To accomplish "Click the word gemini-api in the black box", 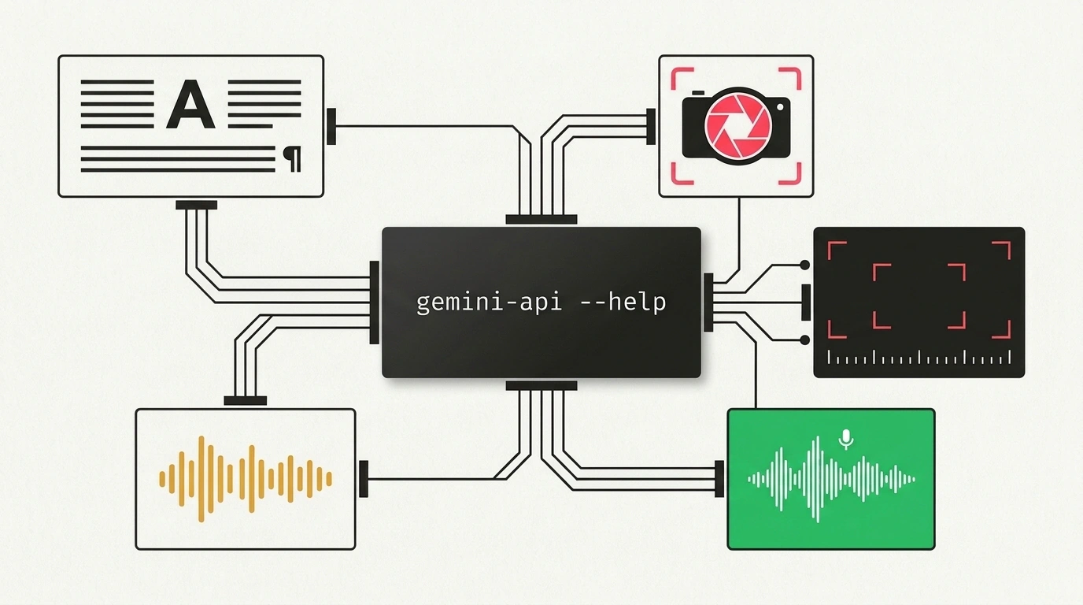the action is pyautogui.click(x=489, y=303).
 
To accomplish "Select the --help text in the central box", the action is pyautogui.click(x=623, y=302).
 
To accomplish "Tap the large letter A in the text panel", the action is pyautogui.click(x=190, y=104).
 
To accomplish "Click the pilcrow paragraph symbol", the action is pyautogui.click(x=292, y=159).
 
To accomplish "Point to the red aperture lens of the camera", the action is pyautogui.click(x=737, y=126).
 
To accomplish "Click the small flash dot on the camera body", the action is pyautogui.click(x=780, y=107).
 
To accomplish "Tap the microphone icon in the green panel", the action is pyautogui.click(x=845, y=440).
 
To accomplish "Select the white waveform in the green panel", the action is pyautogui.click(x=831, y=479).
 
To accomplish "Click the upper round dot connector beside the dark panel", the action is pyautogui.click(x=804, y=265).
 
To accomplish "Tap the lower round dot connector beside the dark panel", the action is pyautogui.click(x=804, y=340).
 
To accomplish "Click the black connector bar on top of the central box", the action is pyautogui.click(x=541, y=220).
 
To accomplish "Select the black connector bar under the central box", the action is pyautogui.click(x=541, y=386).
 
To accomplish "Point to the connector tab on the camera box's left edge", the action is pyautogui.click(x=651, y=127).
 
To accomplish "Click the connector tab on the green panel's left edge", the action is pyautogui.click(x=719, y=479).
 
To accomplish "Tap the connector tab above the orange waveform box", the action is pyautogui.click(x=245, y=401).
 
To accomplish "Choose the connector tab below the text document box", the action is pyautogui.click(x=196, y=206).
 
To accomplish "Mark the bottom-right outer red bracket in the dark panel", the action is pyautogui.click(x=1002, y=330).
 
